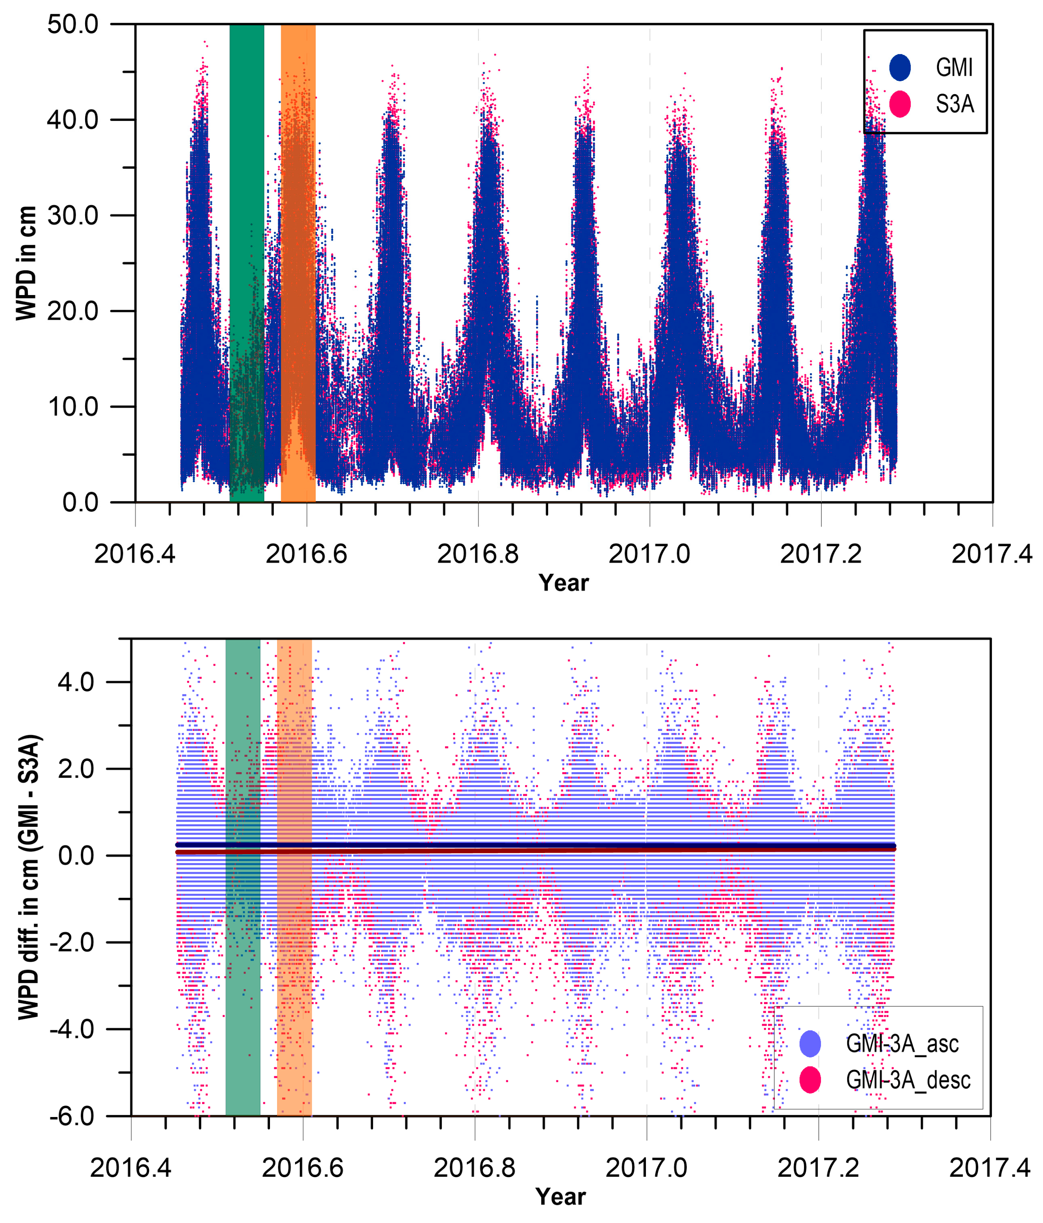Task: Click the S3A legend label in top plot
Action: [954, 104]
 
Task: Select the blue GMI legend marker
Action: [899, 67]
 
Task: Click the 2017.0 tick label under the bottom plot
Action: [646, 1168]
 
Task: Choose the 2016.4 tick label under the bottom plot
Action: [130, 1168]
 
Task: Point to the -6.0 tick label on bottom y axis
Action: [71, 1116]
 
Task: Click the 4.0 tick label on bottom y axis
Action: [76, 682]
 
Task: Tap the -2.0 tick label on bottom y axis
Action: [71, 942]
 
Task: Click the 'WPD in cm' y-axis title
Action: [27, 263]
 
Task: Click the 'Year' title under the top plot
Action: [563, 583]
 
